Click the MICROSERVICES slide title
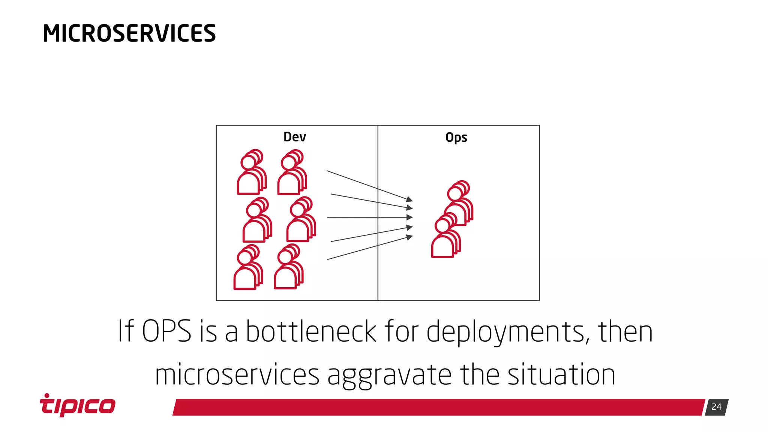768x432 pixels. pos(129,33)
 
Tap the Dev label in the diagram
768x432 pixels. pos(295,137)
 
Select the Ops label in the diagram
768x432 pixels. pos(456,138)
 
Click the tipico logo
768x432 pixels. pos(78,405)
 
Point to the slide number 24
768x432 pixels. pos(716,407)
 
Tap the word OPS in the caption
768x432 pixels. pos(166,331)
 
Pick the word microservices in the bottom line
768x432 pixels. pos(237,375)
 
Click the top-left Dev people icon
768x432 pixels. pos(252,172)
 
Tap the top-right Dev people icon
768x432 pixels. pos(292,172)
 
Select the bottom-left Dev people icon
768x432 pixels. pos(248,267)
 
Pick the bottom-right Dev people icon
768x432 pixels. pos(288,267)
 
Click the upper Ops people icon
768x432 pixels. pos(458,203)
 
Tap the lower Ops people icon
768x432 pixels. pos(446,235)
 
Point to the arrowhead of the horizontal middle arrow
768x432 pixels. pos(410,217)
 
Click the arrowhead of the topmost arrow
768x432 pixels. pos(410,199)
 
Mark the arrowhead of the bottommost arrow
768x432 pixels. pos(410,237)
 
